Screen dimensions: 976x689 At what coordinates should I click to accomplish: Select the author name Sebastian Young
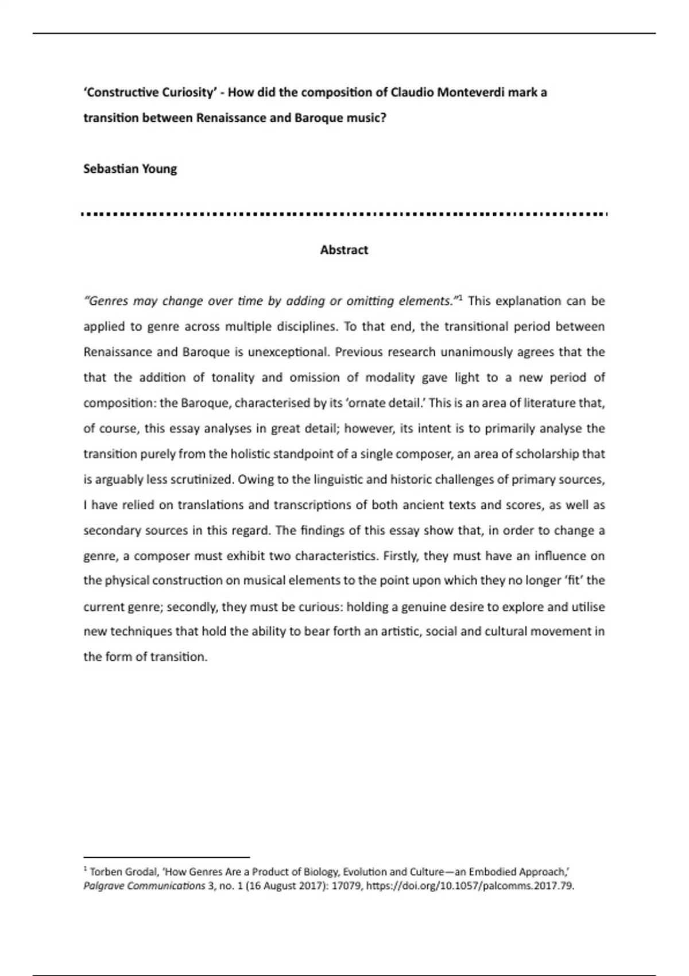(130, 169)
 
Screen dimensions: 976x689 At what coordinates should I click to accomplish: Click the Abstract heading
(344, 250)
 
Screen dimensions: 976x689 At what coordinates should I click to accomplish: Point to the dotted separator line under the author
(344, 214)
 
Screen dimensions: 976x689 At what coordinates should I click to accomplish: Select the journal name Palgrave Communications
(144, 885)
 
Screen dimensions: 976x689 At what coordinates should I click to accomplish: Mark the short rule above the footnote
(167, 857)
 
